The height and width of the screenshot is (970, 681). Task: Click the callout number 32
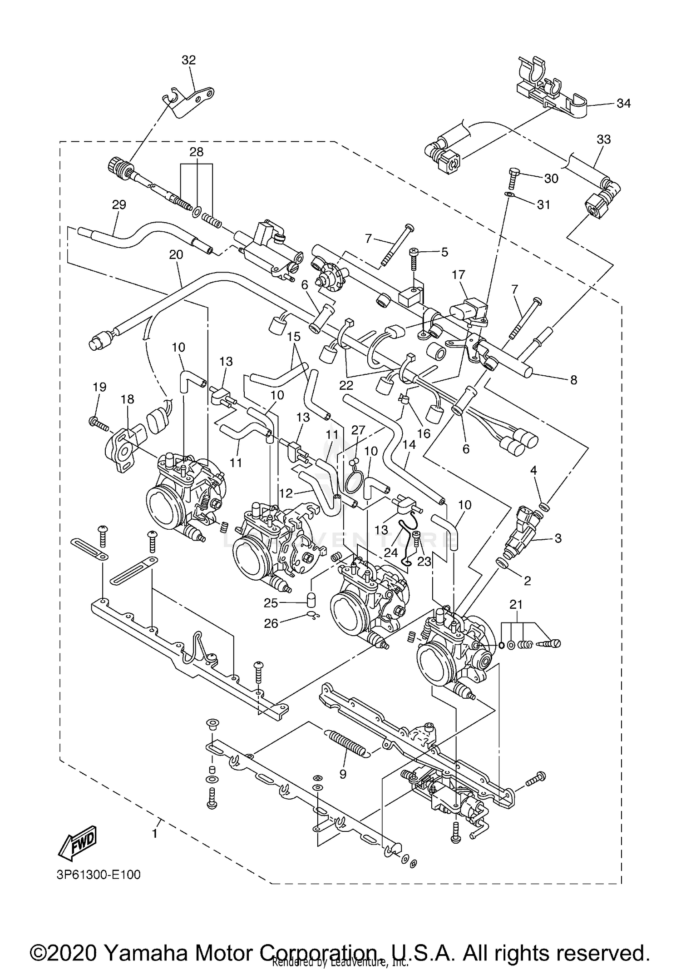pos(188,60)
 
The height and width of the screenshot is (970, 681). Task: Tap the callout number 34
pos(623,104)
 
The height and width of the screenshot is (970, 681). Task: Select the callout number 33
pos(603,139)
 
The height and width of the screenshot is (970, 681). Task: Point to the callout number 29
pos(119,204)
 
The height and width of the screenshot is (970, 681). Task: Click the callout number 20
pos(176,254)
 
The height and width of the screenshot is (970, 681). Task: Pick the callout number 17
pos(459,274)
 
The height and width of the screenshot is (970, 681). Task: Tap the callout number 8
pos(573,380)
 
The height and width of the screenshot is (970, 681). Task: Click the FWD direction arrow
pos(78,841)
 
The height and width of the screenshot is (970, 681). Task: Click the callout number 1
pos(155,834)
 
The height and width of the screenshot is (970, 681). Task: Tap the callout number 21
pos(516,605)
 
